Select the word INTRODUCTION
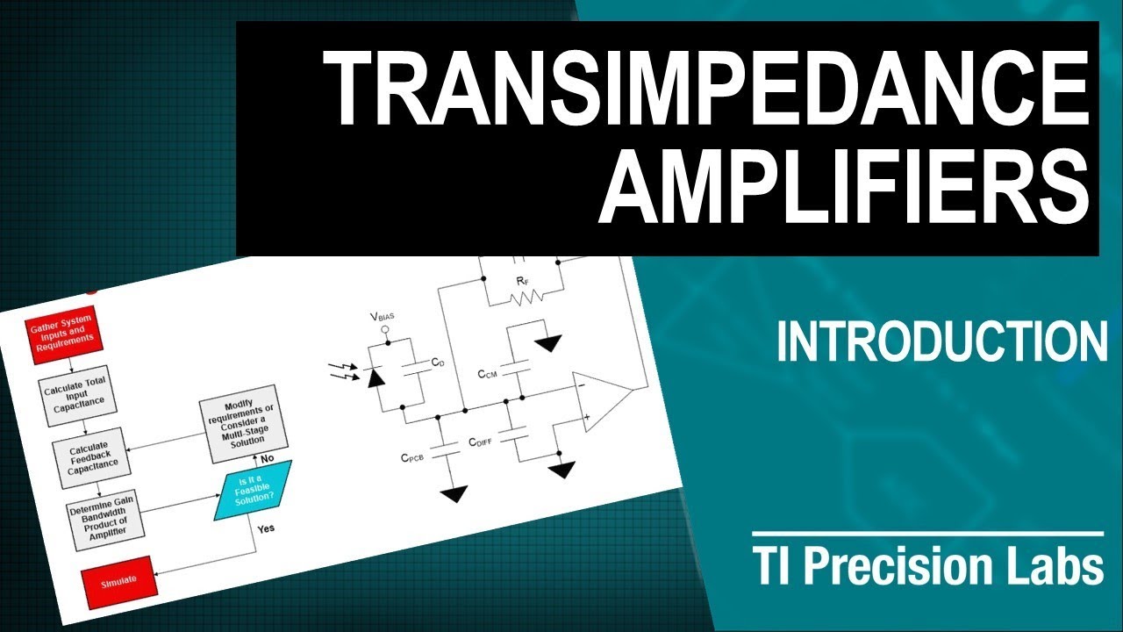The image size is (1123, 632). click(941, 341)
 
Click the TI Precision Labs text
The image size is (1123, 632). click(927, 567)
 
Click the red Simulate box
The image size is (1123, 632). click(119, 583)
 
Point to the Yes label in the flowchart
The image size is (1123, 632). click(265, 529)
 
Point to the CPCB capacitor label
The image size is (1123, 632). click(414, 457)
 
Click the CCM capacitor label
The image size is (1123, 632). click(488, 374)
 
